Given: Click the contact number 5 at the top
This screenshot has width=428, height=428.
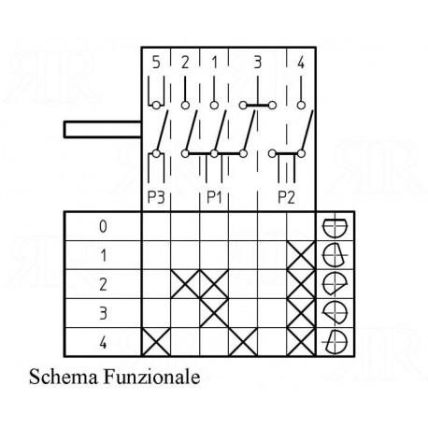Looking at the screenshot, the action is (x=156, y=63).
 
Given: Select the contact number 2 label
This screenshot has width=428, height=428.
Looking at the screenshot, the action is (x=185, y=63).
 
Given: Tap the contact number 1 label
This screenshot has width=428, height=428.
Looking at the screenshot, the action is (x=214, y=63).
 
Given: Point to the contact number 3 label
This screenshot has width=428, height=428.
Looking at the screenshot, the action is (x=257, y=63).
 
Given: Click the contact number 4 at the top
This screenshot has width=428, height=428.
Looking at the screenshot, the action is (x=301, y=63).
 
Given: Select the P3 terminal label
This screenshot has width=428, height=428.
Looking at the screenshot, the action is (x=156, y=197).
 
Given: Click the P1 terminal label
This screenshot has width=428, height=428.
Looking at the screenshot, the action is (x=214, y=197).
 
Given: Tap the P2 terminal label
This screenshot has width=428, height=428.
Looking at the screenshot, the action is (x=286, y=197).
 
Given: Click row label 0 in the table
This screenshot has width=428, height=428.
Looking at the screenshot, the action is (x=103, y=226).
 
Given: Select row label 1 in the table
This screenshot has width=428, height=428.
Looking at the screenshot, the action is (x=103, y=255).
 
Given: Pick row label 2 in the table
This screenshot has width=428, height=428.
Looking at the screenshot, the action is (x=103, y=284).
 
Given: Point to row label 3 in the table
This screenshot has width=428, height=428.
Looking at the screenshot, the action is (x=103, y=313).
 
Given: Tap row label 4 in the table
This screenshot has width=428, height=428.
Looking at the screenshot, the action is (x=103, y=342).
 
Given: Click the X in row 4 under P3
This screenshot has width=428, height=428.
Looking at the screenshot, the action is (x=156, y=342).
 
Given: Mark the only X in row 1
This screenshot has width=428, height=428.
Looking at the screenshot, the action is (x=301, y=255).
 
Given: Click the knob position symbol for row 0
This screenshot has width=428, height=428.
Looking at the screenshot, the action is (x=335, y=226).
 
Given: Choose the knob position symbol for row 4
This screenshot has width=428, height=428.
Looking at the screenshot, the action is (x=335, y=342).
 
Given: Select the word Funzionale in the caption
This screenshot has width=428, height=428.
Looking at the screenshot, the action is (x=151, y=377).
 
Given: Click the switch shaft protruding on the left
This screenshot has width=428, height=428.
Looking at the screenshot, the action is (x=103, y=129).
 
